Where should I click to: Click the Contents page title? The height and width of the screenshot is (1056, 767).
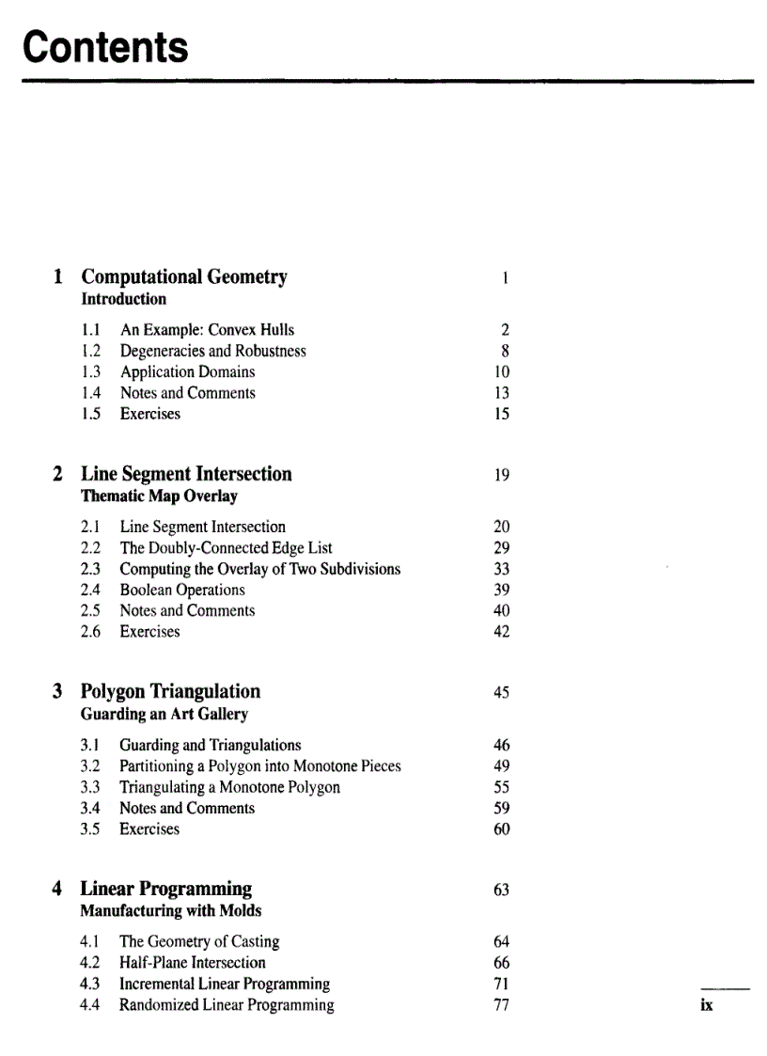(105, 46)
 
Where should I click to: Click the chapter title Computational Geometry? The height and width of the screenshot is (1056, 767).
(184, 276)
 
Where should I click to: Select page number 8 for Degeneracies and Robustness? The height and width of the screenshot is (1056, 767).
(505, 351)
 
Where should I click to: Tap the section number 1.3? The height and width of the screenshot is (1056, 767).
(92, 371)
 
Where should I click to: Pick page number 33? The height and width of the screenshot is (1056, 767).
(501, 569)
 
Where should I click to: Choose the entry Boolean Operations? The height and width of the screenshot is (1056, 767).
(182, 590)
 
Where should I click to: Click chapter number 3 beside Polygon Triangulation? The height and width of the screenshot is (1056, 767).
(58, 691)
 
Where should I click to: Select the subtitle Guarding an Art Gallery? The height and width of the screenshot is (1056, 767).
(164, 714)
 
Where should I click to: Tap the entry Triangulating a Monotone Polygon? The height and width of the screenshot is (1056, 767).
(229, 787)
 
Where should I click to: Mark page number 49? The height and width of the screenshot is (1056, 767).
(501, 766)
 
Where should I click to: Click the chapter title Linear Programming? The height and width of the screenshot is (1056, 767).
(166, 889)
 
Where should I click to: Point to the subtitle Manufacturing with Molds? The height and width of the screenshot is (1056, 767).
(171, 911)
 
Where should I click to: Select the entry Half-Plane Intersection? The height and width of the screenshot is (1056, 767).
(192, 962)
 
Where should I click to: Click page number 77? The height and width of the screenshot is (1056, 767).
(501, 1004)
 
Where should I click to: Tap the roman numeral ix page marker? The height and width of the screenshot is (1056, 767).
(706, 1005)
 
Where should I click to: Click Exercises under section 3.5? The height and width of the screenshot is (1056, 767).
(149, 828)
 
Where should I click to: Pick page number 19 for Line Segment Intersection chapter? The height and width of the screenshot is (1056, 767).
(501, 475)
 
